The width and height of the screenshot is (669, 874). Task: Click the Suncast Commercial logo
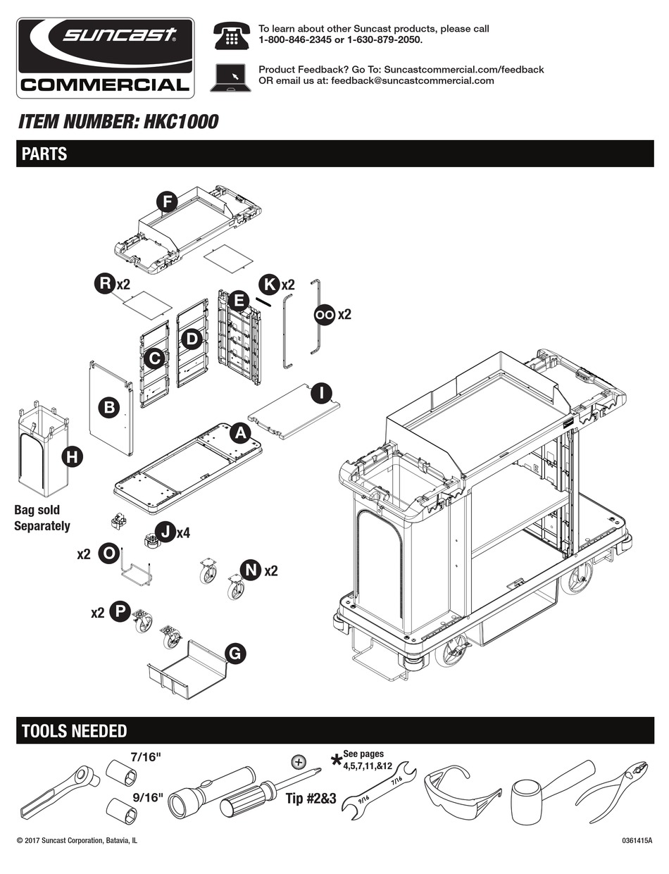(106, 58)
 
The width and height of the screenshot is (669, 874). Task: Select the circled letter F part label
(167, 203)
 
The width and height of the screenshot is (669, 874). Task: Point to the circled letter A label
(239, 433)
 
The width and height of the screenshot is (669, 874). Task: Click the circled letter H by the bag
(71, 456)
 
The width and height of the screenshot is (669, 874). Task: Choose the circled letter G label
(235, 654)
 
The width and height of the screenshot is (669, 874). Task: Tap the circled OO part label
(324, 315)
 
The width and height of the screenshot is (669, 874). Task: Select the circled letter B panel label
(109, 406)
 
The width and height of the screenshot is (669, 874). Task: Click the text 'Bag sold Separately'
(42, 518)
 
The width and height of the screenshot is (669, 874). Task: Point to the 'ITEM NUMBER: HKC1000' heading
(118, 122)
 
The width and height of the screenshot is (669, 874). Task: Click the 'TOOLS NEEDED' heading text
(74, 731)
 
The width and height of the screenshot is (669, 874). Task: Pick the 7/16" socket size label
(146, 758)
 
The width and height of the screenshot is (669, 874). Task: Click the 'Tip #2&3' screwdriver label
(311, 799)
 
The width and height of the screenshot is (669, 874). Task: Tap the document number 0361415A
(637, 841)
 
